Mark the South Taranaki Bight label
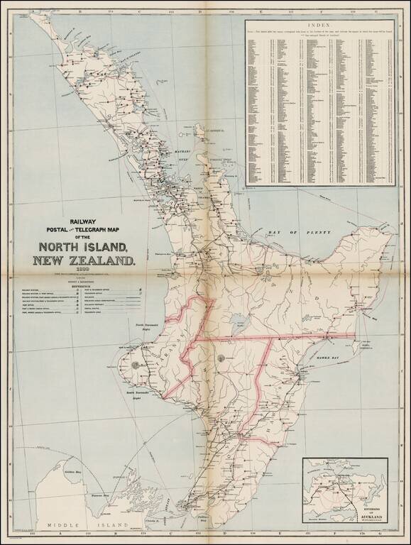[x=140, y=393]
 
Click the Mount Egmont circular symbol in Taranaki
[x=135, y=364]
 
